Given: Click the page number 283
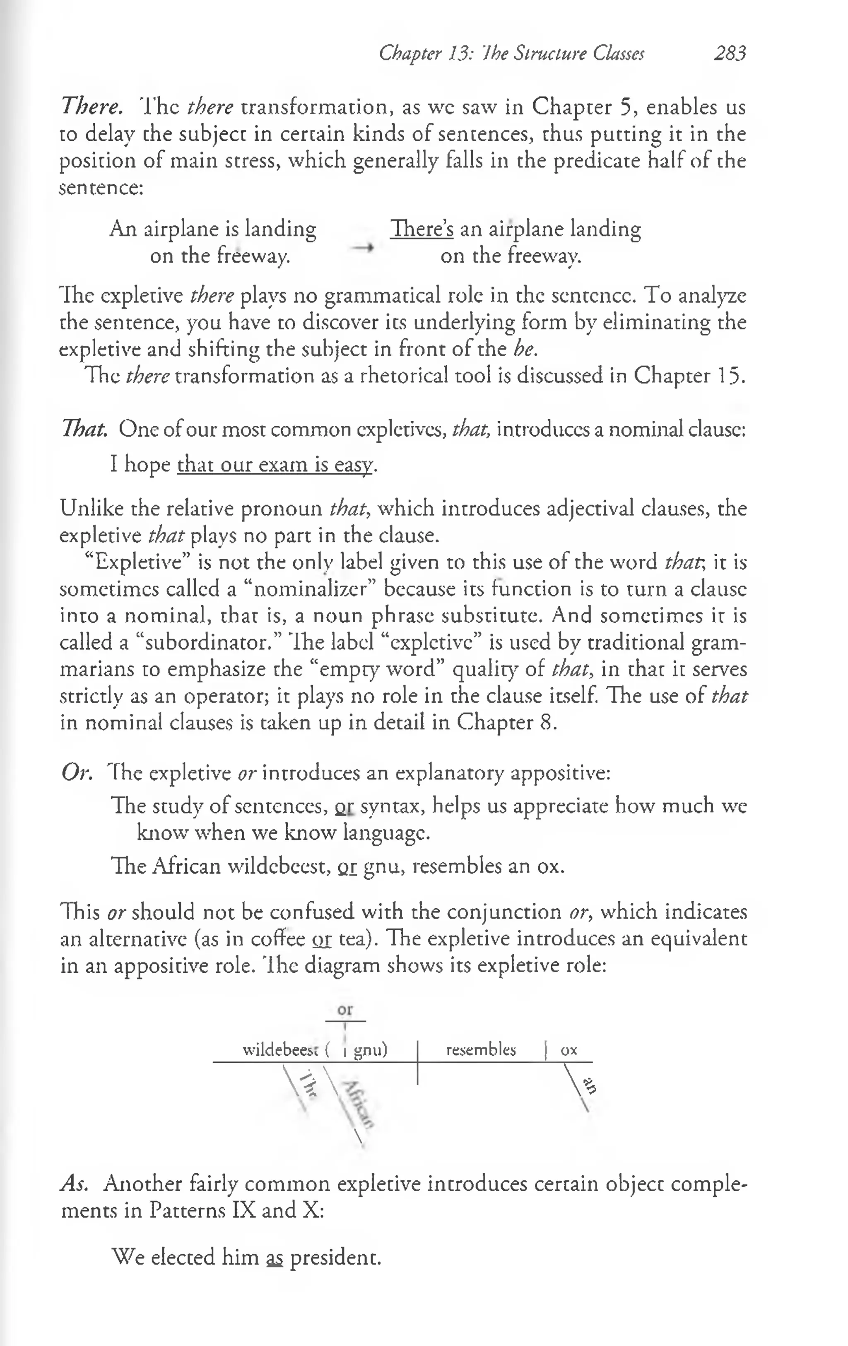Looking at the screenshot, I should coord(730,54).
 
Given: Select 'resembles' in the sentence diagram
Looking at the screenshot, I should coord(481,1050).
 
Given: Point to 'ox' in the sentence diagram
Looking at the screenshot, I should coord(569,1050).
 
